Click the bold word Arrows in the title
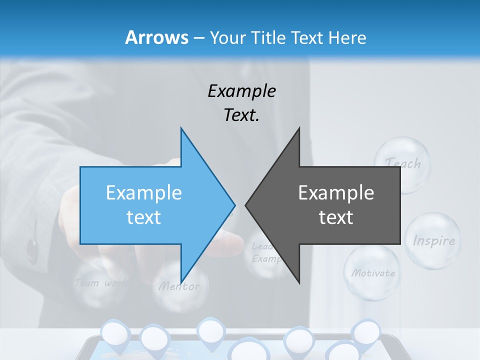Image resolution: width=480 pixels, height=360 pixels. [156, 37]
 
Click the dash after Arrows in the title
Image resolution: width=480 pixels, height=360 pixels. [198, 38]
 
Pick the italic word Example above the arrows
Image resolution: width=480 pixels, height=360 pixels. [241, 91]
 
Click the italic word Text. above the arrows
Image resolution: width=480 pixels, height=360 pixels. [241, 115]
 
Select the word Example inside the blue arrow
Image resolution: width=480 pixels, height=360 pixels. [144, 192]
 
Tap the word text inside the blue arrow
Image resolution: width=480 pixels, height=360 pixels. [144, 217]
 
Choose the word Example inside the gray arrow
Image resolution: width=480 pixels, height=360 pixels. [336, 192]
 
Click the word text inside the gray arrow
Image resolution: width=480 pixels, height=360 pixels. [336, 217]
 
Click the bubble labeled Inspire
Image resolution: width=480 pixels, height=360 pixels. [433, 240]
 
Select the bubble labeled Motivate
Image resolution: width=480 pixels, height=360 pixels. [372, 273]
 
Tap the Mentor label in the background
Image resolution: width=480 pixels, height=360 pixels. [179, 286]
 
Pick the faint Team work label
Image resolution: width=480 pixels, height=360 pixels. [100, 283]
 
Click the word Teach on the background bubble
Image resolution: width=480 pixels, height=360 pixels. [403, 163]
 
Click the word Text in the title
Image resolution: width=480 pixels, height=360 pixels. [308, 37]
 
